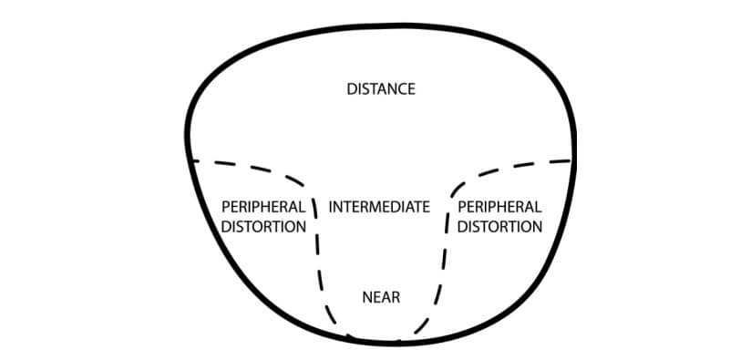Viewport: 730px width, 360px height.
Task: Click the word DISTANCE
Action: coord(381,89)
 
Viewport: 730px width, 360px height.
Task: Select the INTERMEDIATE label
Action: coord(379,207)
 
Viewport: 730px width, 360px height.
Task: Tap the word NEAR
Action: coord(381,297)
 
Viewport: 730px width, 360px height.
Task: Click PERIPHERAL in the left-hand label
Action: coord(263,207)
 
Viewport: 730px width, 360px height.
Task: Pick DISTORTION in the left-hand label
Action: coord(263,226)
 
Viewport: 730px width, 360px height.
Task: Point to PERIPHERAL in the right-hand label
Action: coord(499,207)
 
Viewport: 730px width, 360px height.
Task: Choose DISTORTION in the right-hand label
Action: coord(499,226)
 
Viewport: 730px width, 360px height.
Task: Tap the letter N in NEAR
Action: coord(366,297)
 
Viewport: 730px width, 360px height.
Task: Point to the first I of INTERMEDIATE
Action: coord(331,207)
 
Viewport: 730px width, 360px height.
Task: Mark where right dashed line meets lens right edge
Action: coord(572,160)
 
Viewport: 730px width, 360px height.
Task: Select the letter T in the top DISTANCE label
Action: coord(374,89)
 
